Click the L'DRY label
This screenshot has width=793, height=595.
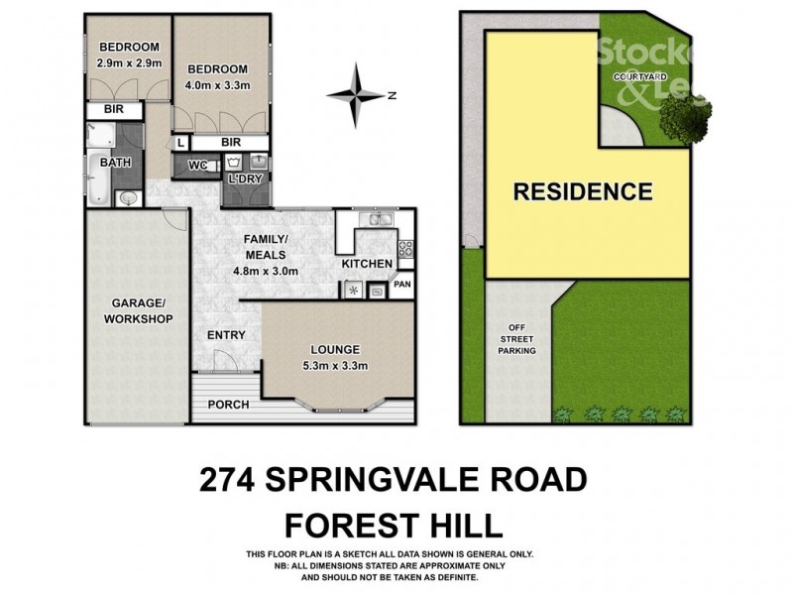(x=244, y=179)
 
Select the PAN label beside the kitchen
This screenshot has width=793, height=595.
(x=401, y=285)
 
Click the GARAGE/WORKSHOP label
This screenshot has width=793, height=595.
(x=136, y=311)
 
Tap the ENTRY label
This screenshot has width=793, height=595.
(x=226, y=335)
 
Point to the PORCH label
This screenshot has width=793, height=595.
(x=227, y=405)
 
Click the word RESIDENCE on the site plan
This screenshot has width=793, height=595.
(x=582, y=190)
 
